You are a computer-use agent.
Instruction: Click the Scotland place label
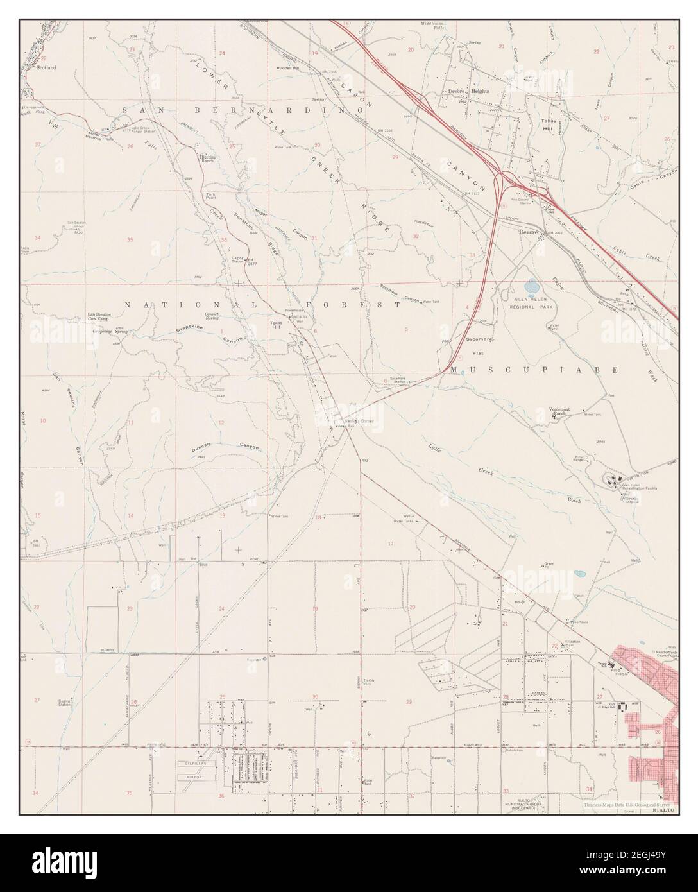pyautogui.click(x=46, y=67)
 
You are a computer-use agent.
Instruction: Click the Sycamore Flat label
pyautogui.click(x=479, y=345)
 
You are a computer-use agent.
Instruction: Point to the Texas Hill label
pyautogui.click(x=276, y=324)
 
